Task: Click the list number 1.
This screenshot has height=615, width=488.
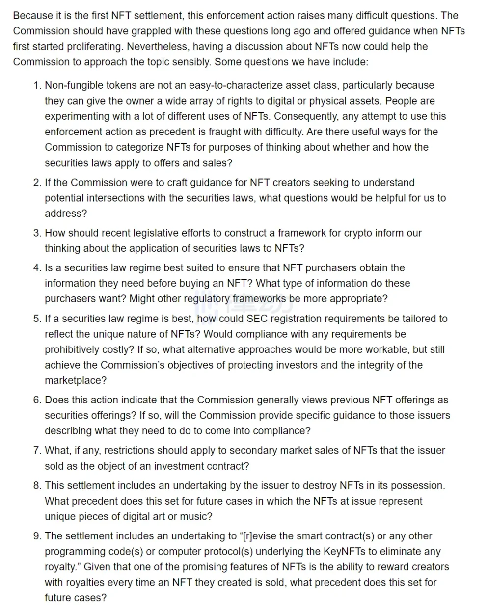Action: click(x=37, y=85)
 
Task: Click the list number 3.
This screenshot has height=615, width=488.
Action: click(x=37, y=233)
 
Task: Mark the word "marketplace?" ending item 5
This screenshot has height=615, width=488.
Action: click(x=76, y=380)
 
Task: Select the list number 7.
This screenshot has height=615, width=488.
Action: click(x=37, y=450)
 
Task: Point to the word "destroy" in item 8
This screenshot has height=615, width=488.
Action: click(x=319, y=485)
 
